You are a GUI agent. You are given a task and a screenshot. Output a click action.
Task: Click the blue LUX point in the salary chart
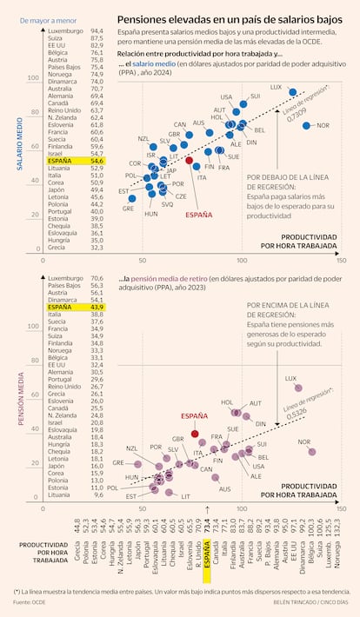point(293,92)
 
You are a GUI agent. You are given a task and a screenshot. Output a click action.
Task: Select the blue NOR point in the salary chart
point(306,126)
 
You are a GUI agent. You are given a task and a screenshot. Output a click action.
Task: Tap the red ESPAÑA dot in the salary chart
point(190,161)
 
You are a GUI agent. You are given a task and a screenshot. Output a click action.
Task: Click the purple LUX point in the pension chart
point(298,388)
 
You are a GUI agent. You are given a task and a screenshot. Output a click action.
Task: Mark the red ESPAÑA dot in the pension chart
point(194,433)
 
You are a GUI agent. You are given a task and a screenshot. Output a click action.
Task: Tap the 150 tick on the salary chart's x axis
point(341,260)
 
